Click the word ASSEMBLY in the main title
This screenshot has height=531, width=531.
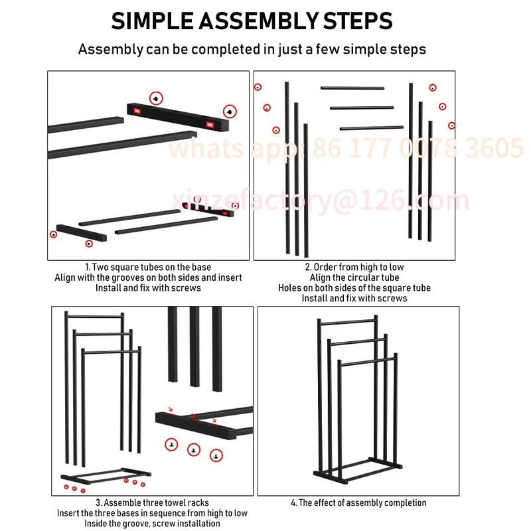pos(258,21)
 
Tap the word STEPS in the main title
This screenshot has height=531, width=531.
pos(358,21)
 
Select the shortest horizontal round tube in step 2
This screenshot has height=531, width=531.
pos(352,88)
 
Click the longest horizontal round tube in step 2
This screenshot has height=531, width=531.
pos(372,128)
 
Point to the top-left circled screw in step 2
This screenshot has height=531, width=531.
pos(258,87)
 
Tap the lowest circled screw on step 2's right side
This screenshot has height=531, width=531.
pos(451,125)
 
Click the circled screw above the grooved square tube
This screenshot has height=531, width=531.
pos(156,98)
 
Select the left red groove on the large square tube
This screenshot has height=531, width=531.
pos(137,111)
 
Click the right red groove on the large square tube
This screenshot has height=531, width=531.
pos(210,125)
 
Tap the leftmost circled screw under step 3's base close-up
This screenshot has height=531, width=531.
pos(171,444)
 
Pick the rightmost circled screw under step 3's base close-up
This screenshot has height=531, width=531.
pos(216,455)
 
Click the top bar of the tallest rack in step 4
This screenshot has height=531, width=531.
pos(347,321)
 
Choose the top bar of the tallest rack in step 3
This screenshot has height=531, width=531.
pos(94,317)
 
